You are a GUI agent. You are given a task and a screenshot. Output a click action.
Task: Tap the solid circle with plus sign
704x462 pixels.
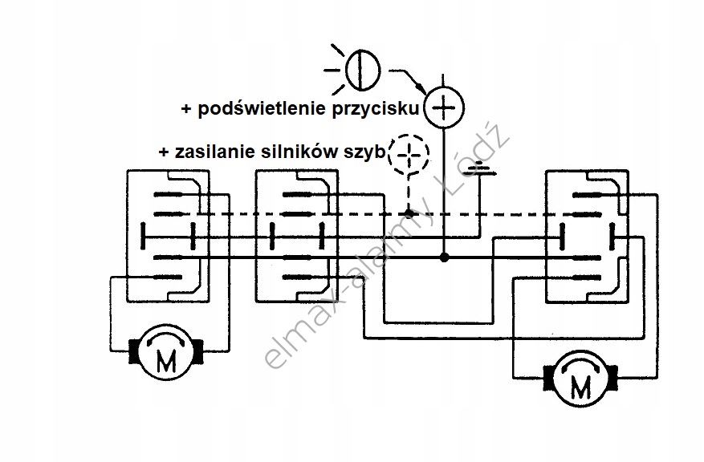click(444, 105)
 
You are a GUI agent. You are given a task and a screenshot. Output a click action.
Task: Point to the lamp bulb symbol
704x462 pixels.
click(362, 68)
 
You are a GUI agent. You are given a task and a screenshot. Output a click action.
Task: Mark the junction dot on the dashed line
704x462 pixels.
click(409, 214)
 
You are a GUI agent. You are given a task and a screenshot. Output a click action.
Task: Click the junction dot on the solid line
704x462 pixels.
click(444, 257)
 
